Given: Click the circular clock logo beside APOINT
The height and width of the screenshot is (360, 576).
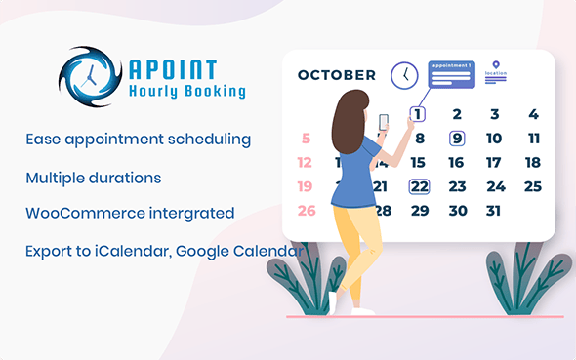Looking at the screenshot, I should coord(90,77).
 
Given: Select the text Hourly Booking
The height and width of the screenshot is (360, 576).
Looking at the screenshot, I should coord(186,92).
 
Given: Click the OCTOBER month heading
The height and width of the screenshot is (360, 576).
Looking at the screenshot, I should coord(336,75).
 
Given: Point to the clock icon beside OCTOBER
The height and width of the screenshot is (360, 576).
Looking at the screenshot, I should coord(404,75).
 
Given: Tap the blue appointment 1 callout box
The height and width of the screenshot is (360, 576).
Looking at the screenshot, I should coord(450,74).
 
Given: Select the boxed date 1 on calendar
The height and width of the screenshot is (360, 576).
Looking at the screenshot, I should coord(418,114).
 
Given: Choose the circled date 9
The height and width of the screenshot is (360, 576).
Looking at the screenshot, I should coord(456,139).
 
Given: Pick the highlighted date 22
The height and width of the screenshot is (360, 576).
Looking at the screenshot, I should coord(419,186).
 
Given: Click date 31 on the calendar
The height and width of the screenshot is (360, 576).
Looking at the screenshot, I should coord(493,210).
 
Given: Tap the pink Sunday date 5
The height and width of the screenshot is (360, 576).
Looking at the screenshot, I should coord(306,139).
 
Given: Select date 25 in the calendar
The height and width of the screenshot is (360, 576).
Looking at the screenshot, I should coord(532,186).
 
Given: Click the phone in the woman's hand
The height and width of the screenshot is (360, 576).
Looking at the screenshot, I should coord(383,123).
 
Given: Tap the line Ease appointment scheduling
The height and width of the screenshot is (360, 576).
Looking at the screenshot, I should coord(139,140).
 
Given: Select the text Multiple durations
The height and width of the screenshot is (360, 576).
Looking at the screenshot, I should coord(94,179).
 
